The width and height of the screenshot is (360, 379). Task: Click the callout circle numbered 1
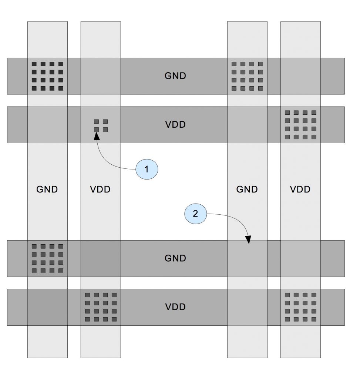[147, 170]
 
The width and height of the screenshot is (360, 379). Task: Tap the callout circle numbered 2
[195, 213]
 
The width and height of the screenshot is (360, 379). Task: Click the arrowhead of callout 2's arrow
[248, 241]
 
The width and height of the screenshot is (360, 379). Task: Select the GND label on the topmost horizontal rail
[175, 76]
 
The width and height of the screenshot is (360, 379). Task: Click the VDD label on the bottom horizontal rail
[175, 307]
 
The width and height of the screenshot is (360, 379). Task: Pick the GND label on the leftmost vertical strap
[47, 189]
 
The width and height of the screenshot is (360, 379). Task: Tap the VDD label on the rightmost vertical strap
[300, 189]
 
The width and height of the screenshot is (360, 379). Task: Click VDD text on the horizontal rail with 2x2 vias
[175, 124]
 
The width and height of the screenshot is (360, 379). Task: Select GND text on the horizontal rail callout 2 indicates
[175, 258]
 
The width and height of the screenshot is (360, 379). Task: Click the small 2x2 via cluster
[101, 125]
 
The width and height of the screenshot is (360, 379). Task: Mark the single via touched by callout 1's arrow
[96, 130]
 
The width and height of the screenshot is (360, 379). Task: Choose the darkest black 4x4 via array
[47, 76]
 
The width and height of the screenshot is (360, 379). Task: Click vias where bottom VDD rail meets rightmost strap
[300, 307]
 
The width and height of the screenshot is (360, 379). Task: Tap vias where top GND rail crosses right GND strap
[247, 76]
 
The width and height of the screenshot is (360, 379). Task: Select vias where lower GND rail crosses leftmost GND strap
[47, 258]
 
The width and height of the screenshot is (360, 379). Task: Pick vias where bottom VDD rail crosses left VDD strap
[101, 307]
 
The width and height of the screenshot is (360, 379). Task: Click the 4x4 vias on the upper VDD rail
[300, 124]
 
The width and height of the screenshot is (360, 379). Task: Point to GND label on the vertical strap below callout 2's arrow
[247, 189]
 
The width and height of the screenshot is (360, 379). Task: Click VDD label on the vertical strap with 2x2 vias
[100, 189]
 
